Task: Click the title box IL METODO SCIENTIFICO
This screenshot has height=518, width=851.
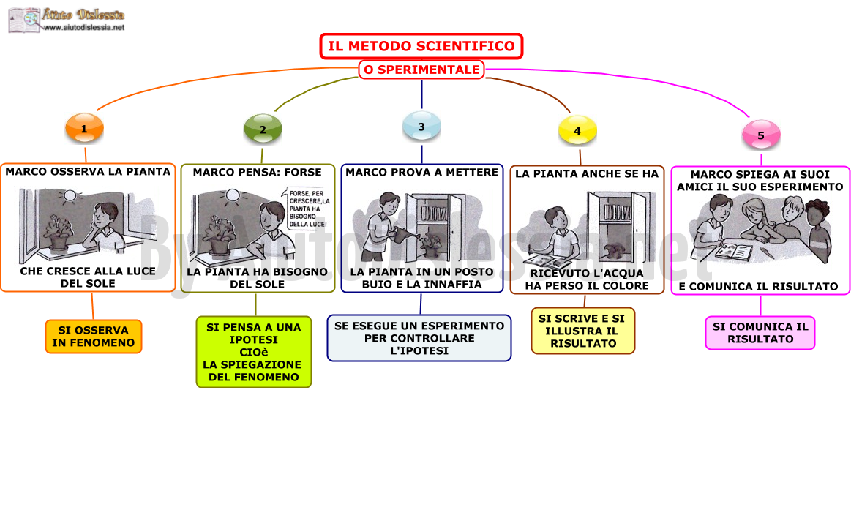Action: (x=421, y=46)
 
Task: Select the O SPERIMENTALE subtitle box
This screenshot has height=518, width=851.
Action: (x=421, y=70)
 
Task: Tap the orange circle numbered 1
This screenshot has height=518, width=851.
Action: (x=84, y=129)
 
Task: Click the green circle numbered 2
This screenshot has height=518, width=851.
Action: (x=263, y=129)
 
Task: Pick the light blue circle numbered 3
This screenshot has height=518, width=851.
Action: (x=421, y=127)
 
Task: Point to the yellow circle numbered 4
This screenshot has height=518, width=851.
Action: (x=577, y=131)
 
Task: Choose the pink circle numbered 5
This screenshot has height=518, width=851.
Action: (x=761, y=135)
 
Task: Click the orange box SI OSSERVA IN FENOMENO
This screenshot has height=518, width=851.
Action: (x=94, y=337)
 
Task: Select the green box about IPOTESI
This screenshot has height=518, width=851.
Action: (x=254, y=352)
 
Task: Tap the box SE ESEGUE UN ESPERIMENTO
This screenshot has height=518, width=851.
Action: (x=419, y=338)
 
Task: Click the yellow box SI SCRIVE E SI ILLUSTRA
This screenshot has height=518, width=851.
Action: (x=583, y=331)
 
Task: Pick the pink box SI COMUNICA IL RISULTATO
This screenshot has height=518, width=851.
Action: (x=760, y=333)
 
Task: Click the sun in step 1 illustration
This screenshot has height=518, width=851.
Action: (x=70, y=195)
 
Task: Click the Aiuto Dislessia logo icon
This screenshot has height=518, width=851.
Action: (x=24, y=20)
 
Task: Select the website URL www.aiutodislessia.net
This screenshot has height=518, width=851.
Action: (x=83, y=28)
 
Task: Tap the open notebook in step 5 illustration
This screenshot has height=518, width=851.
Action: (x=733, y=251)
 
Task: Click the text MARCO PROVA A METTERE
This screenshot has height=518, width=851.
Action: (x=422, y=173)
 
